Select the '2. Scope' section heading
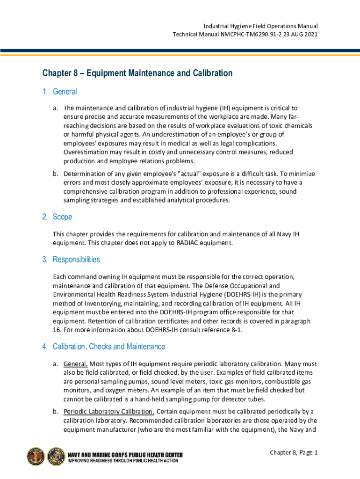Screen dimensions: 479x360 click(57, 217)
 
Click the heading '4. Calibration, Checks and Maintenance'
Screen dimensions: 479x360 click(103, 347)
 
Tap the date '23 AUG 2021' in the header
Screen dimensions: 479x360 click(288, 35)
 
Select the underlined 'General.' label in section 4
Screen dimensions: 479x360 click(75, 364)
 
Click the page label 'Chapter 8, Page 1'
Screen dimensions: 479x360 click(294, 452)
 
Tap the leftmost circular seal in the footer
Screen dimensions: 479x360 click(36, 457)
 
